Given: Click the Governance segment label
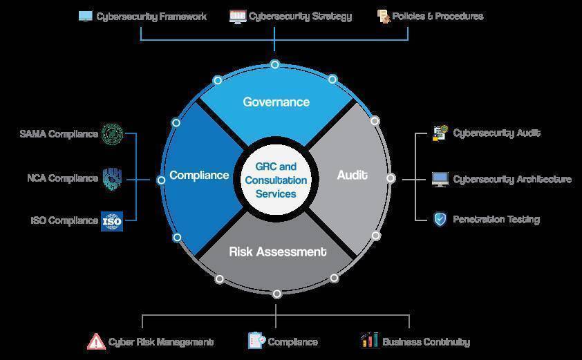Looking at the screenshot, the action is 276,102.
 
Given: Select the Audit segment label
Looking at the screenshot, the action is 353,175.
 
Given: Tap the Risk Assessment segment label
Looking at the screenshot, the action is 278,252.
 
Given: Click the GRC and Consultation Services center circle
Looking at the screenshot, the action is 276,180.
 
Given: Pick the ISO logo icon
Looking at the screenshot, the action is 112,221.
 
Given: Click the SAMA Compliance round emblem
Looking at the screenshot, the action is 112,134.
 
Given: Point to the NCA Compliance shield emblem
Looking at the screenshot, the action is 112,178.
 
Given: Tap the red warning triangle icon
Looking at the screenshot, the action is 96,341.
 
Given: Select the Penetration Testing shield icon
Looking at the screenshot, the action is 440,219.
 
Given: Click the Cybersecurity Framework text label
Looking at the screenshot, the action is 151,17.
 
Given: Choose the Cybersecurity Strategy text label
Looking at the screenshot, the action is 300,17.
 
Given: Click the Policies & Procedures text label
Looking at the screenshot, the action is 438,16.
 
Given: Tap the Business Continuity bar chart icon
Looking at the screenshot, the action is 369,340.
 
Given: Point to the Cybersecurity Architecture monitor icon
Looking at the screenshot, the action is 440,179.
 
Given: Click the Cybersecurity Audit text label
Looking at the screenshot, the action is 496,133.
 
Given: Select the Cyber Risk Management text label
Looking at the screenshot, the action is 161,342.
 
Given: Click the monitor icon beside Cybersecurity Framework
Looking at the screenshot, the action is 86,17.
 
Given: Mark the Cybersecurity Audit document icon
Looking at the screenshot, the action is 440,133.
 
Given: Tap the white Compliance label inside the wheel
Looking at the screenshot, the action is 199,176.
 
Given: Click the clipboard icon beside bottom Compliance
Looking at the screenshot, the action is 257,341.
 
